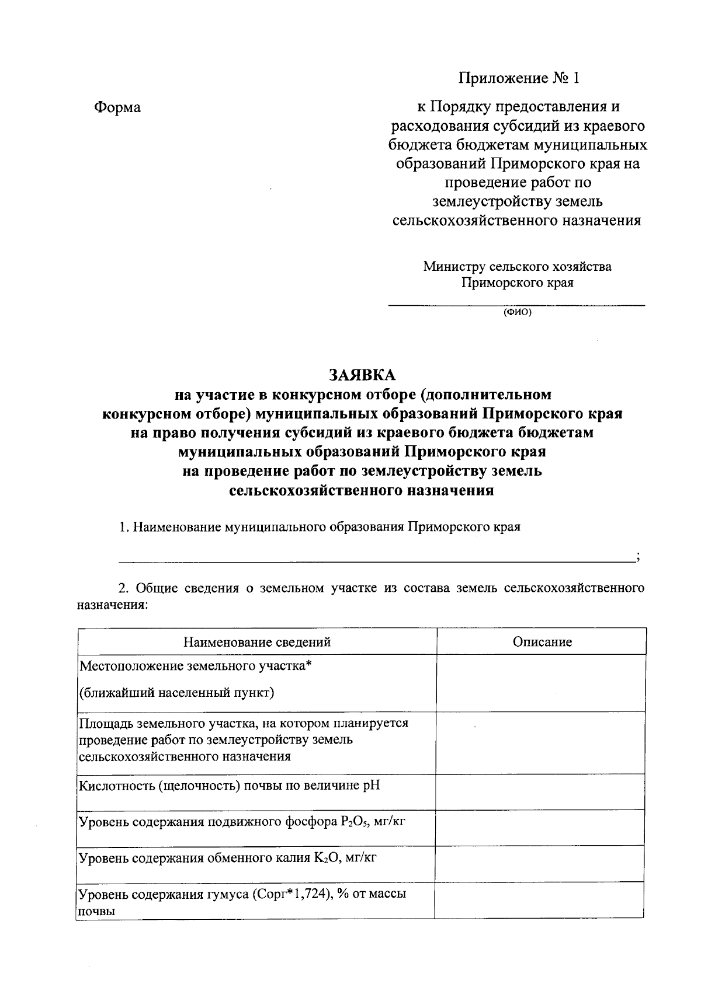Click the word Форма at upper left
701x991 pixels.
(117, 107)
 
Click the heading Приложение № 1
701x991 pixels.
(520, 78)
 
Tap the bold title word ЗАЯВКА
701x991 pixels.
(362, 375)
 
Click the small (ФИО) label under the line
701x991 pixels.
(518, 312)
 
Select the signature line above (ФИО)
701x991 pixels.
(518, 305)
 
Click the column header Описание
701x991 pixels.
(542, 642)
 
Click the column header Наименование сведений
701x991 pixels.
(257, 642)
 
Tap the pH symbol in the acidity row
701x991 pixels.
(371, 785)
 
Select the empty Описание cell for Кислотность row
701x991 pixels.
(540, 791)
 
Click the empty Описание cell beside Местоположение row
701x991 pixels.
(540, 683)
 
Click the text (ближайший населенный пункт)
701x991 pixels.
(177, 693)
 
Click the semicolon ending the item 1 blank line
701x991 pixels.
(638, 557)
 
